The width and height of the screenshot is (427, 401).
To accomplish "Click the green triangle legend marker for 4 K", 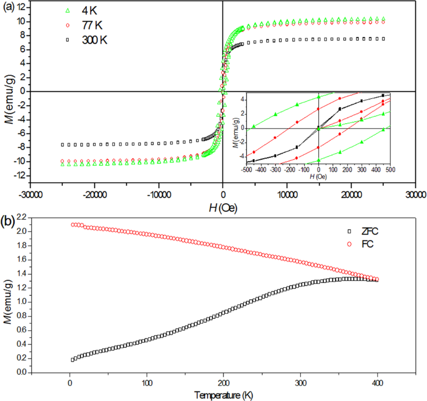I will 68,10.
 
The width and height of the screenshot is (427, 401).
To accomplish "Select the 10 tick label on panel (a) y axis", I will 20,21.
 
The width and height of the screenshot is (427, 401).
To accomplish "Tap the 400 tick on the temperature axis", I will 377,383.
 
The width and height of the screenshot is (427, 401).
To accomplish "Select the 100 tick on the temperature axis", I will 147,383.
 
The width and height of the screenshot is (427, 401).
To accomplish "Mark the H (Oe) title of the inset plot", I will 318,177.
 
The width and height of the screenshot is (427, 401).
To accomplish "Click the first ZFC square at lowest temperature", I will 72,360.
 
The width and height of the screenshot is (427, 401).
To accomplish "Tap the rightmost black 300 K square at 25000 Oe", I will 383,39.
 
